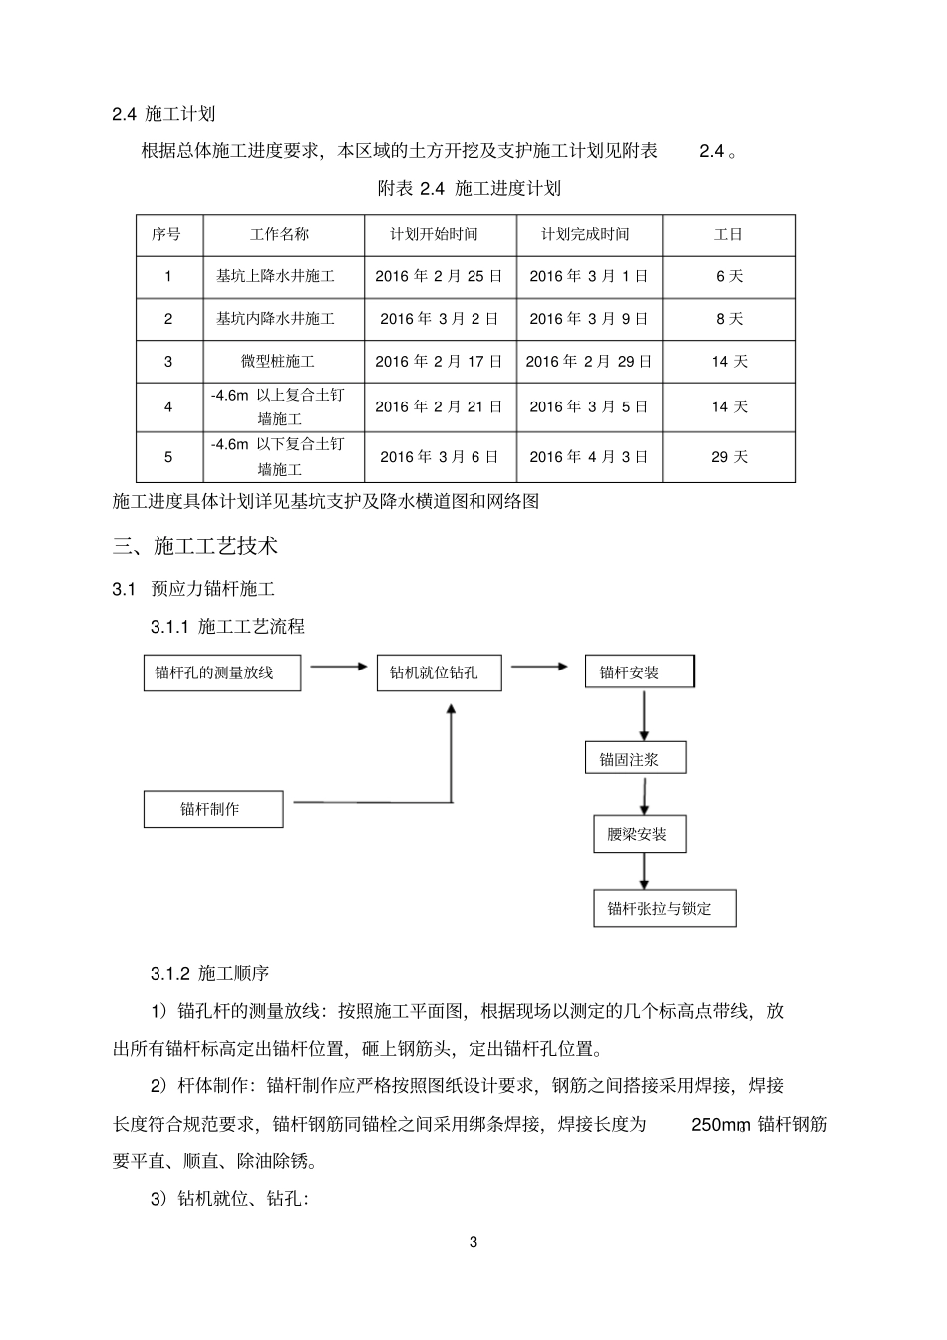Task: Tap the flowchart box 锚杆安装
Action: click(639, 672)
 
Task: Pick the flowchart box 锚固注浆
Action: click(635, 759)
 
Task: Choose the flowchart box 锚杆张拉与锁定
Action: click(664, 909)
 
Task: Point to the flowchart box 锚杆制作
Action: click(213, 809)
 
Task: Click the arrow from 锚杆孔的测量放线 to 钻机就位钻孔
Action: click(339, 666)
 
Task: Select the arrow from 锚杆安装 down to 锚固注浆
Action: click(645, 714)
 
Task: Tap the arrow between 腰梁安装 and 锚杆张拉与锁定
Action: click(644, 871)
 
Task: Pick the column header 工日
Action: click(729, 235)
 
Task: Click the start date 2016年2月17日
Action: click(439, 362)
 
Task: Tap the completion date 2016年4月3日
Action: click(589, 457)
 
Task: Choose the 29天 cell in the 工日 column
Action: click(729, 457)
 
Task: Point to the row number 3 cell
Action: click(168, 362)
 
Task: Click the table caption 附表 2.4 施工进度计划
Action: click(470, 189)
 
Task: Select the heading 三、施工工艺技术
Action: click(195, 546)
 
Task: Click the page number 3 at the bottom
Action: click(473, 1242)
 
